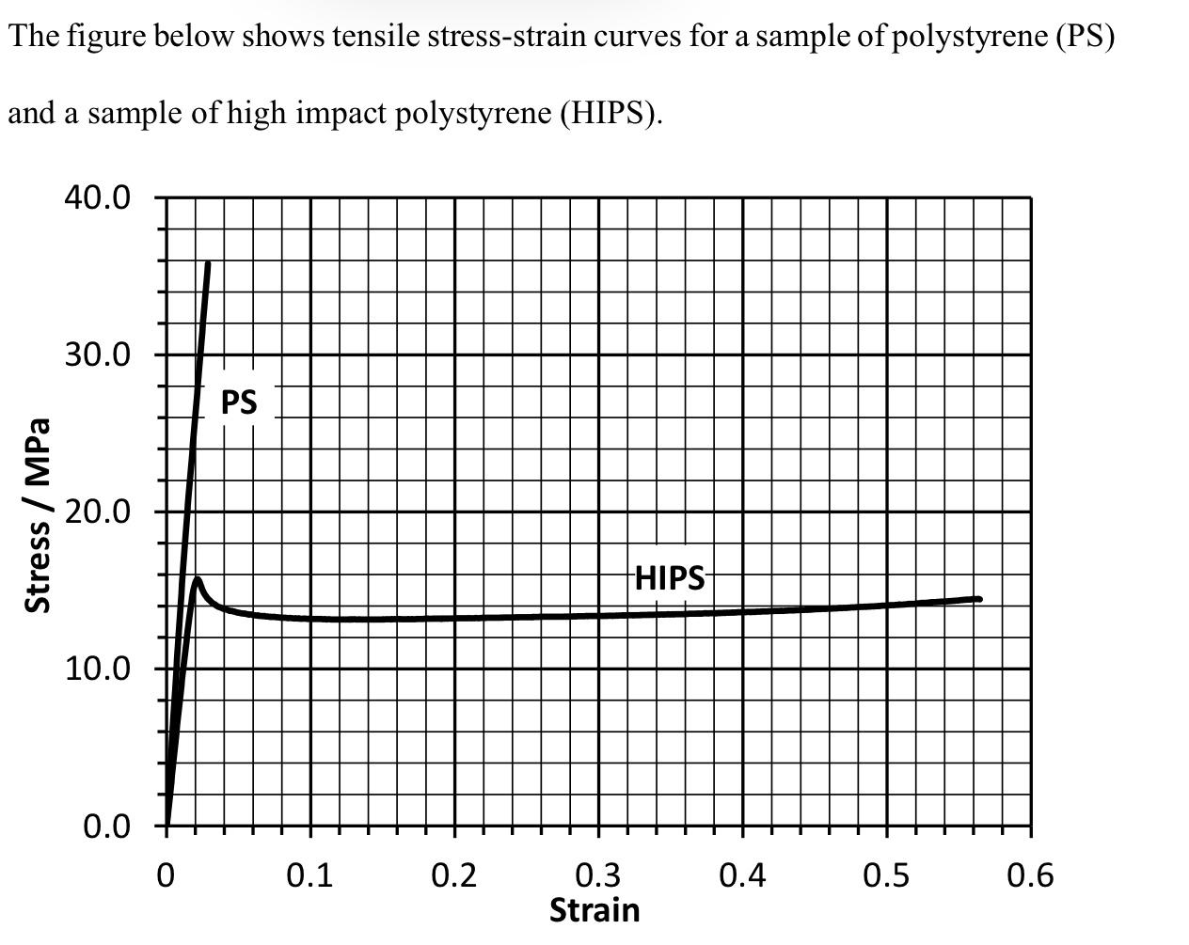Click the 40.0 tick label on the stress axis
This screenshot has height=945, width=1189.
point(97,198)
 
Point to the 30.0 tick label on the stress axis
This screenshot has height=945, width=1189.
point(97,355)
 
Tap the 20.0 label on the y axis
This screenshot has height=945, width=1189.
point(97,512)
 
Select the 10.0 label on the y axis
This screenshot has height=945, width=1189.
point(97,669)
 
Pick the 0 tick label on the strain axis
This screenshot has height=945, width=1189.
point(166,876)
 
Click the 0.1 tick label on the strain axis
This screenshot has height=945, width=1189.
point(309,876)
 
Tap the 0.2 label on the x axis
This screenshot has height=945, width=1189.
point(454,876)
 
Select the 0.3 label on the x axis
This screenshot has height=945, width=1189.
point(598,876)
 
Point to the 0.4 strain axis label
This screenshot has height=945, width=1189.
point(742,876)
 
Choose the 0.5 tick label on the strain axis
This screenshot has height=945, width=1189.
point(886,876)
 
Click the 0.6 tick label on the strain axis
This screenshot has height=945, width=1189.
point(1030,876)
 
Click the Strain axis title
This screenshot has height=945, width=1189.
point(594,910)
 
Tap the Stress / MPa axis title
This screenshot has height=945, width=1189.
point(38,515)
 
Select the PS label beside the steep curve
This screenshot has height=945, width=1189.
point(239,402)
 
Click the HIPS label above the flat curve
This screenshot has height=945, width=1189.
point(669,577)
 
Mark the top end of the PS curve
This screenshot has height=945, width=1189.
point(208,264)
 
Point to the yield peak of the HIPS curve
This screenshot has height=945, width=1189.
point(197,579)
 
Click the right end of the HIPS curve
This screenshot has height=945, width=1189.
point(979,599)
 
